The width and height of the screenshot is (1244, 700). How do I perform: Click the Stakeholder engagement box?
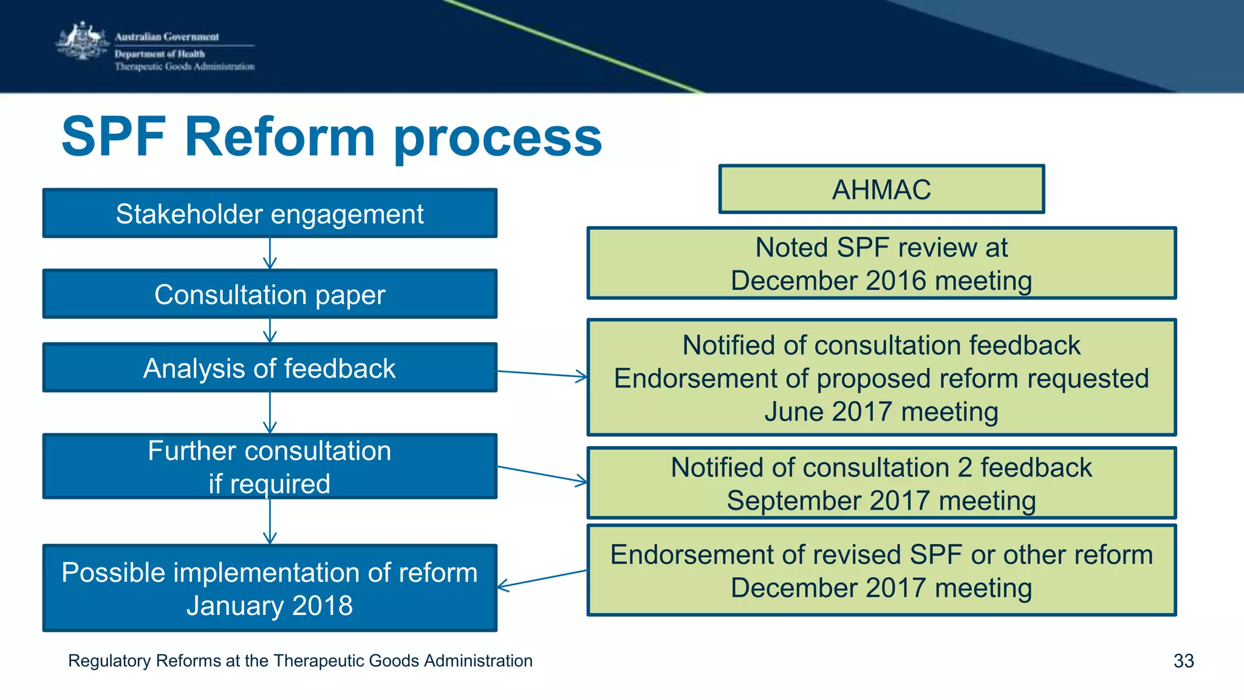click(x=270, y=213)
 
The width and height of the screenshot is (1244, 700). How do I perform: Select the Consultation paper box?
click(x=270, y=294)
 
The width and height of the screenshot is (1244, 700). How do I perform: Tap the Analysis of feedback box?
click(x=270, y=368)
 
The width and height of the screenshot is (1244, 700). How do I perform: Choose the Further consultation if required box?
click(x=270, y=467)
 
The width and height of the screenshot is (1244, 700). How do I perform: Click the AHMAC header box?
click(x=881, y=189)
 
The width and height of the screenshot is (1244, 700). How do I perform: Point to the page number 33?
click(x=1183, y=661)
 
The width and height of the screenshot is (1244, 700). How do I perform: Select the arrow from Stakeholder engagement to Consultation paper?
click(x=270, y=253)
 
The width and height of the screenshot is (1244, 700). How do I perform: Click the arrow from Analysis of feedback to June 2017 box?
click(x=542, y=374)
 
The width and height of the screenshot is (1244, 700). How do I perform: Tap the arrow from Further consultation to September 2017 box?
click(x=542, y=475)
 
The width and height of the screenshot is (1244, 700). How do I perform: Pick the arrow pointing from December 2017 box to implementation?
click(x=542, y=579)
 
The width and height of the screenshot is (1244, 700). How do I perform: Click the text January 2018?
click(x=270, y=606)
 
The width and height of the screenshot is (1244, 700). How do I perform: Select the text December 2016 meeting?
click(x=881, y=281)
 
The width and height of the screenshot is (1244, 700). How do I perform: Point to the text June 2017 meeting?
click(x=881, y=411)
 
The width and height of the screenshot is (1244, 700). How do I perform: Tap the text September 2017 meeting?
click(x=881, y=501)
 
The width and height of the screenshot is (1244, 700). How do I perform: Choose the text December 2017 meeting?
click(x=881, y=588)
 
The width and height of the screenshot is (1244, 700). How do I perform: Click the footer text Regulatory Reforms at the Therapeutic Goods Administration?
click(x=300, y=661)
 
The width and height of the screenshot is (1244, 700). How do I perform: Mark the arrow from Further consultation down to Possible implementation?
click(x=270, y=521)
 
